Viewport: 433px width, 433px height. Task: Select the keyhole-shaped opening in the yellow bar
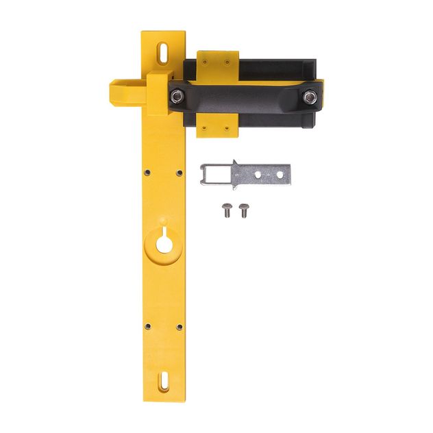pyautogui.click(x=163, y=243)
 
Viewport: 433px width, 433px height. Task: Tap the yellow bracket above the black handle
pyautogui.click(x=217, y=63)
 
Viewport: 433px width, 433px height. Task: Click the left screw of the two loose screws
pyautogui.click(x=227, y=210)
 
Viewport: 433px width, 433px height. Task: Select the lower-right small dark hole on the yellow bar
pyautogui.click(x=179, y=327)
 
